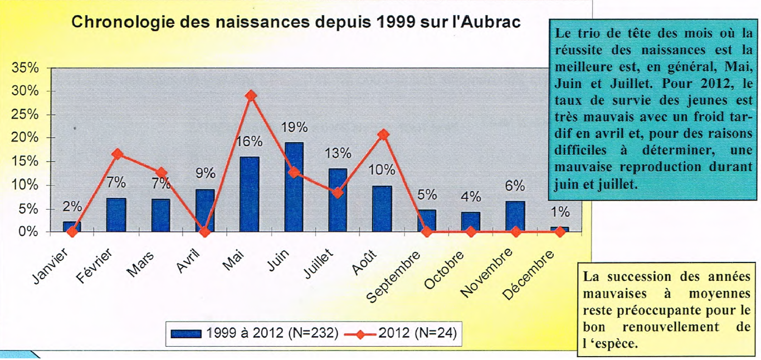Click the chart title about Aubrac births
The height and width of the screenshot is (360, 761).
pyautogui.click(x=296, y=22)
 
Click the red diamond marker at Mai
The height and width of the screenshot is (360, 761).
pyautogui.click(x=251, y=96)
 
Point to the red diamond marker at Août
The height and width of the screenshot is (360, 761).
pyautogui.click(x=383, y=135)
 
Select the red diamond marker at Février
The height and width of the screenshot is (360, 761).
pyautogui.click(x=117, y=154)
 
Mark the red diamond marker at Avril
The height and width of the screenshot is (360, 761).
pyautogui.click(x=205, y=232)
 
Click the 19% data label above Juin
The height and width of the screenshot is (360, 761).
pyautogui.click(x=294, y=127)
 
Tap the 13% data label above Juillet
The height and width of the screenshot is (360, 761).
pyautogui.click(x=338, y=153)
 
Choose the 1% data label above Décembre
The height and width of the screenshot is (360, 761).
pyautogui.click(x=560, y=212)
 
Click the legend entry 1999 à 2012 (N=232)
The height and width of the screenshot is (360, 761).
pyautogui.click(x=254, y=333)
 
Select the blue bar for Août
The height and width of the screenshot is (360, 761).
pyautogui.click(x=382, y=208)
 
